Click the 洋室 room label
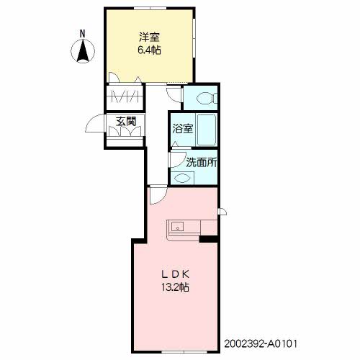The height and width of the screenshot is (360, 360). point(149,37)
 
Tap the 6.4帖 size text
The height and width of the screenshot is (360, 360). point(149,50)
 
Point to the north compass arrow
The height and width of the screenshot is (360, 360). point(83,50)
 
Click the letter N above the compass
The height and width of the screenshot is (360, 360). point(83,34)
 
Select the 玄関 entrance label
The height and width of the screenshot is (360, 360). point(126,122)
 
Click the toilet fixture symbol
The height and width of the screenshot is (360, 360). point(207,98)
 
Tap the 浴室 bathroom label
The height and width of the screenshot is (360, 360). point(183,129)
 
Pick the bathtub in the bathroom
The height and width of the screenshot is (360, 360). point(207,130)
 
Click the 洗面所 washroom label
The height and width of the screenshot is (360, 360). point(202,162)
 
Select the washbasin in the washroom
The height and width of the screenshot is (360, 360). point(182,178)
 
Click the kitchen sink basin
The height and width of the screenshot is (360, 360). point(177,227)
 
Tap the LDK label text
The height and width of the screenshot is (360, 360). point(175,274)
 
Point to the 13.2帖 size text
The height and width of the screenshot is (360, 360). point(175,287)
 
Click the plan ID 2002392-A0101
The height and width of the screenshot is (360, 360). point(261,343)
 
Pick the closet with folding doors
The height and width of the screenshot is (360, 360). point(125,96)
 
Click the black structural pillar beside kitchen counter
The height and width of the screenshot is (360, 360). point(208,239)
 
